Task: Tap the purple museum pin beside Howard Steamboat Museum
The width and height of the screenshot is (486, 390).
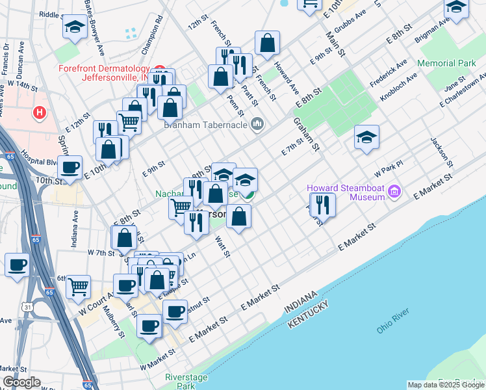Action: tap(398, 192)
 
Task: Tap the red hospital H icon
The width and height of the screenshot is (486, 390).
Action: tap(40, 113)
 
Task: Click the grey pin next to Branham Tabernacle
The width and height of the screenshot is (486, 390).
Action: tap(257, 123)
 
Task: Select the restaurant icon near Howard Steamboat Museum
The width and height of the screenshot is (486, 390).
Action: tap(322, 205)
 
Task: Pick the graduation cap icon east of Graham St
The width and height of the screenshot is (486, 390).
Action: tap(367, 137)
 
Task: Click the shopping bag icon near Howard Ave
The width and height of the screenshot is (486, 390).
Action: tap(267, 44)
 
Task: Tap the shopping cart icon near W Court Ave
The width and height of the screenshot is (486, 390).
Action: tap(78, 285)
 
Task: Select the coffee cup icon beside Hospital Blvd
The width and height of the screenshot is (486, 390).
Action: tap(70, 168)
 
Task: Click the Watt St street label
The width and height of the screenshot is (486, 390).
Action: tap(222, 246)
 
